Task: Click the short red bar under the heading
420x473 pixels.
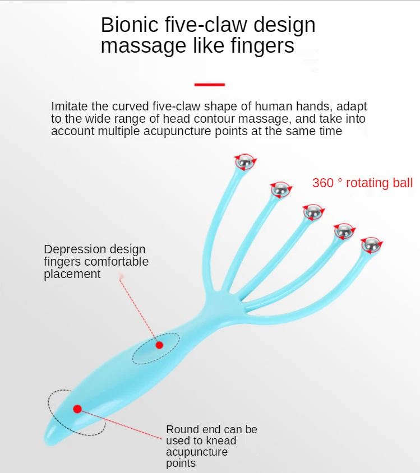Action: click(x=209, y=85)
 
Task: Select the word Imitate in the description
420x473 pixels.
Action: click(x=69, y=106)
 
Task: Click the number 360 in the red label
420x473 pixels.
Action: click(x=323, y=183)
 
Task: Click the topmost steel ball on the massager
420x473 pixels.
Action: click(x=244, y=163)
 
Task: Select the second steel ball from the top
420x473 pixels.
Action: click(x=280, y=191)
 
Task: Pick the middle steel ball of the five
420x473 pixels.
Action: click(x=312, y=212)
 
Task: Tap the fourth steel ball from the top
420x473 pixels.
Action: click(x=343, y=230)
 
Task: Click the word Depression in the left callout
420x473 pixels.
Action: click(x=71, y=249)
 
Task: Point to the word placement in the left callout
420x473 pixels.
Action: click(x=72, y=274)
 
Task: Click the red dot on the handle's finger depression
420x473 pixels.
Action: click(x=159, y=345)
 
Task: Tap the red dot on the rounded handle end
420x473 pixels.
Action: click(x=77, y=409)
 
